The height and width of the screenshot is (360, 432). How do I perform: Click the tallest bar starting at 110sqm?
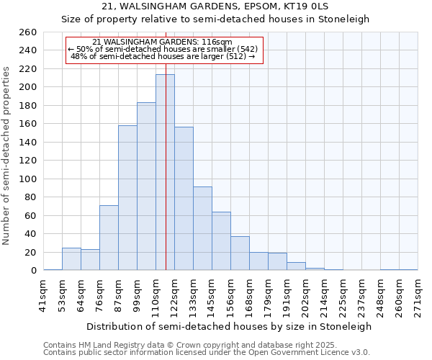tap(165, 173)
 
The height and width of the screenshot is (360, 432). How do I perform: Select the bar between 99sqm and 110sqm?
tap(146, 186)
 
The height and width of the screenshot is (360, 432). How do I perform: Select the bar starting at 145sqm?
tap(221, 241)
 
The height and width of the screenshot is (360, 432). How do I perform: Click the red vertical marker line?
tap(166, 144)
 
